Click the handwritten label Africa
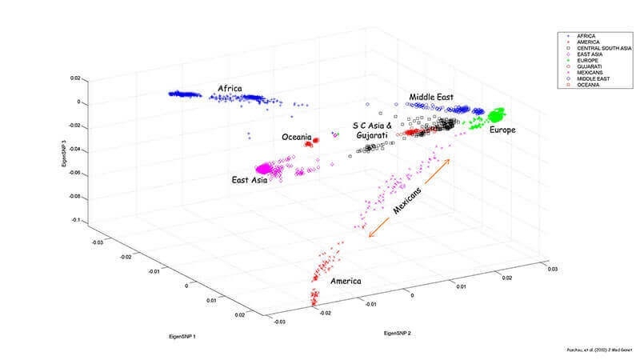click(232, 87)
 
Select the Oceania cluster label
click(298, 137)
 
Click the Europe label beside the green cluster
click(502, 130)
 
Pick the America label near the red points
click(345, 282)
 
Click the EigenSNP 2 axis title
click(401, 330)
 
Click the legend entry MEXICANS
click(584, 71)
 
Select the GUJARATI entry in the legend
click(584, 66)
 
